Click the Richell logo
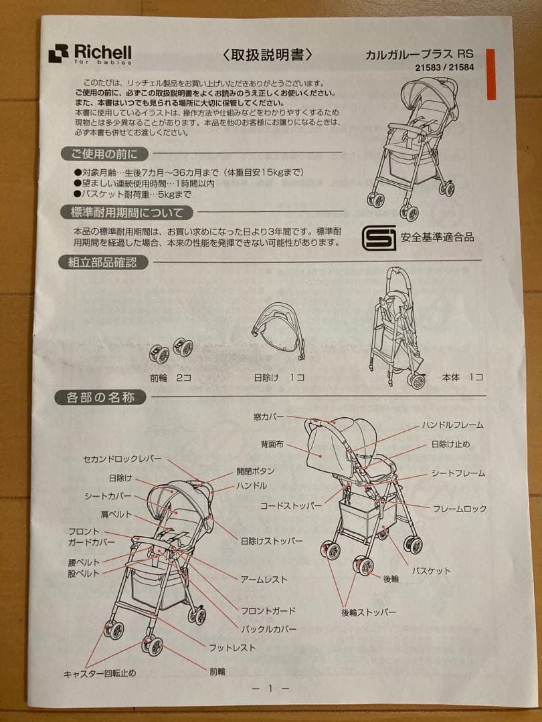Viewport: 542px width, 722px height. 90,54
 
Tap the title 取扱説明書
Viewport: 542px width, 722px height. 267,55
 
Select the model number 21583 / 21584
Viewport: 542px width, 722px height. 444,68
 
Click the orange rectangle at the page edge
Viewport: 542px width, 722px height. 491,74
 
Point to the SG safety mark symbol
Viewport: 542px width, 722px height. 378,237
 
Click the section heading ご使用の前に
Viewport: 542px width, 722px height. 105,154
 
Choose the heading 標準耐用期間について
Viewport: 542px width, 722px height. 126,213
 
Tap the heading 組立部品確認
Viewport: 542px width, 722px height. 103,263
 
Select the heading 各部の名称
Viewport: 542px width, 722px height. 100,397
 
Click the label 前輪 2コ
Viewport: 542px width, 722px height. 170,378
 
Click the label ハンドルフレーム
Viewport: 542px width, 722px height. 452,425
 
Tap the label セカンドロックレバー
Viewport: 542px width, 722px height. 122,459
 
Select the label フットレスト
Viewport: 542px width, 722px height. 232,648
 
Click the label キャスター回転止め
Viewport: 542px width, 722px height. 100,673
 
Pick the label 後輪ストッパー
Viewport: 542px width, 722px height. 368,612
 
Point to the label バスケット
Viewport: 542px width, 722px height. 431,571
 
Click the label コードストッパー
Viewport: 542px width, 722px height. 291,505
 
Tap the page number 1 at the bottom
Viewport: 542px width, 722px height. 270,689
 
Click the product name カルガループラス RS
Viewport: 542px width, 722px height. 419,54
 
